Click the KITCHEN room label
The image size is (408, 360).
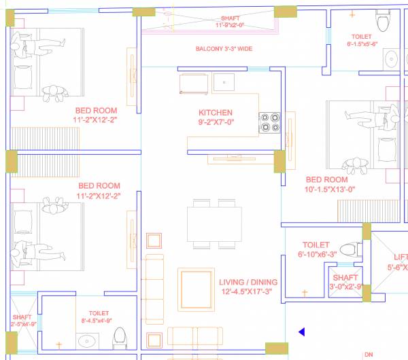coord(216,113)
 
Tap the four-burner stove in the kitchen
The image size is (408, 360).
coord(269,122)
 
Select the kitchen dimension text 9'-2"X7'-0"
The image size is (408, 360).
coord(216,124)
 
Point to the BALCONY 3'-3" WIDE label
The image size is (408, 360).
coord(224,49)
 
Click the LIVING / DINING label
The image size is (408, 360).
coord(248,282)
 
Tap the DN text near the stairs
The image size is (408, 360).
coord(369,355)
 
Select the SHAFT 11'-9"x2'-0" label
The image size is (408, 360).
coord(230,22)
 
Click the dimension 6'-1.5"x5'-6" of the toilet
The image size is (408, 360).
coord(362,43)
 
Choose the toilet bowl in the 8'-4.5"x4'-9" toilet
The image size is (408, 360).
coord(120,338)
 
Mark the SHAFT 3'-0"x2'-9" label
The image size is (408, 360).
coord(345,282)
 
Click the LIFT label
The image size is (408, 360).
coord(401,257)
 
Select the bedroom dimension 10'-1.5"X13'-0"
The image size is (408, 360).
coord(330,190)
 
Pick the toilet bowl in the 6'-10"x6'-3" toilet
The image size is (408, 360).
coord(351,249)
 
